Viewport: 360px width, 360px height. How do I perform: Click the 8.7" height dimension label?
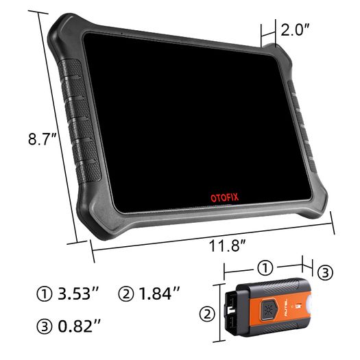[43, 139]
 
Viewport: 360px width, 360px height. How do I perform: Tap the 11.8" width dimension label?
[227, 246]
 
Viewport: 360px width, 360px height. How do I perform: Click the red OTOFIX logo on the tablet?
[224, 197]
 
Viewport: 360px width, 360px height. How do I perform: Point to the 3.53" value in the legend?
[78, 293]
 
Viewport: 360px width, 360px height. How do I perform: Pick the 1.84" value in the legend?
[159, 293]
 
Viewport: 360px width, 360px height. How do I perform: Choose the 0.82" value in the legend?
[79, 326]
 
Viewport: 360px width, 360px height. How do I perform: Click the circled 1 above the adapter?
[265, 267]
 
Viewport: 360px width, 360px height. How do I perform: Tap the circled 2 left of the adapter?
[207, 314]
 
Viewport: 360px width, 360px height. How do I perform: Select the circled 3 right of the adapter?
[325, 273]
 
